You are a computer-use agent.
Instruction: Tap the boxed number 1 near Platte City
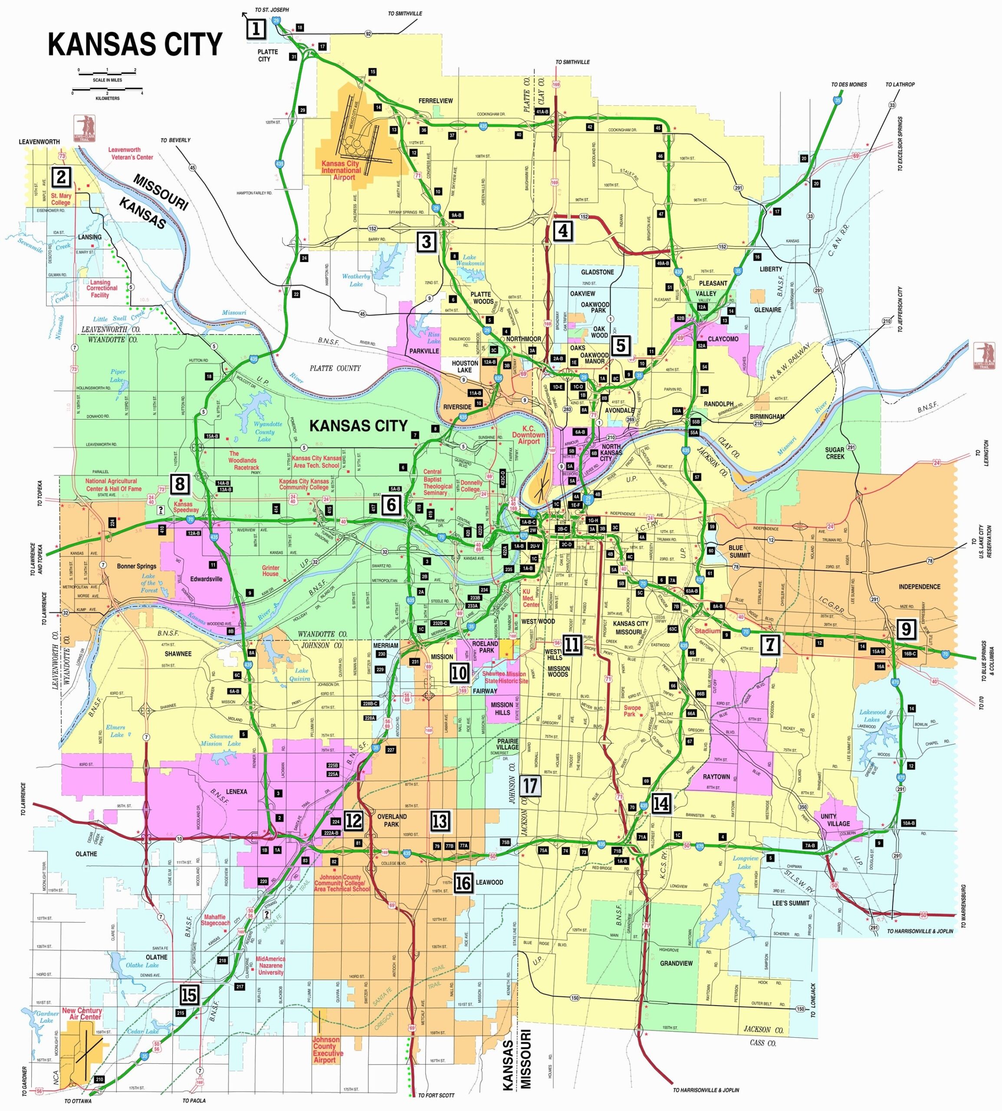click(x=256, y=28)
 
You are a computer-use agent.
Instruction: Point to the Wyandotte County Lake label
click(x=268, y=432)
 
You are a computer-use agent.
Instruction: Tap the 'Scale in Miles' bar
click(x=107, y=72)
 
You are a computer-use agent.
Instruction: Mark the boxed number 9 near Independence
click(x=906, y=629)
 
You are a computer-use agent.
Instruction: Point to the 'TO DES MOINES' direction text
click(x=849, y=85)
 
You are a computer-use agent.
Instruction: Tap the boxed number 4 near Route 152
click(x=563, y=231)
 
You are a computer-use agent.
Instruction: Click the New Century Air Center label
click(x=82, y=1013)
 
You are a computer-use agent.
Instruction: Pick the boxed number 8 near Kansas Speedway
click(x=180, y=484)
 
